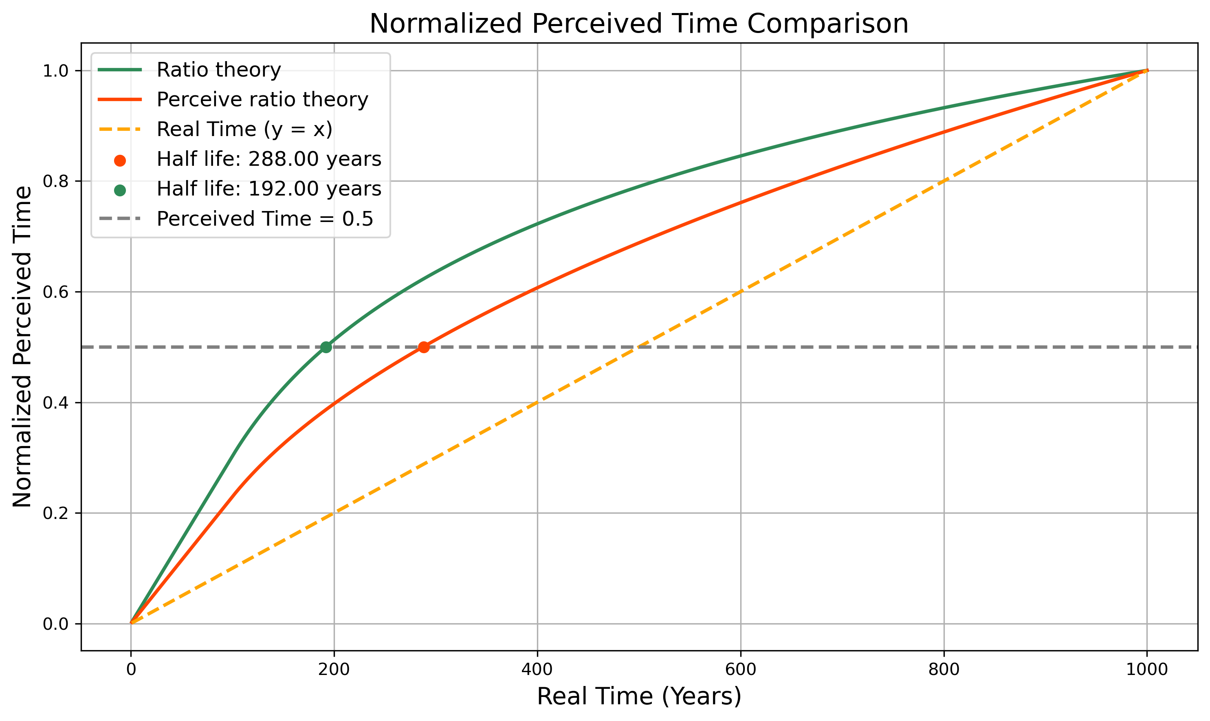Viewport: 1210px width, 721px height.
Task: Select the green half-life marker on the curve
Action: click(x=326, y=347)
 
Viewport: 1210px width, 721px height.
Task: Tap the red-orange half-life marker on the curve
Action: click(x=424, y=347)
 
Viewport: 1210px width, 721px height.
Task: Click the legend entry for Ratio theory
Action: click(x=219, y=70)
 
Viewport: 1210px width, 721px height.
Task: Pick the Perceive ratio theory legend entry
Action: click(x=262, y=100)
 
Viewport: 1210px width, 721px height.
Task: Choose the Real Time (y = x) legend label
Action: click(x=244, y=129)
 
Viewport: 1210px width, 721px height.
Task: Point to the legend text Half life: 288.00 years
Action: click(x=269, y=159)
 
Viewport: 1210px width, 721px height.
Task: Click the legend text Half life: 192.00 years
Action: click(x=269, y=189)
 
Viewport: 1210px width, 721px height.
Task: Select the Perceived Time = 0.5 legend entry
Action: click(x=265, y=219)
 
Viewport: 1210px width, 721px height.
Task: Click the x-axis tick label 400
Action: click(x=537, y=670)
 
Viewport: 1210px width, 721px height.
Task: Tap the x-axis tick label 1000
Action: click(x=1147, y=670)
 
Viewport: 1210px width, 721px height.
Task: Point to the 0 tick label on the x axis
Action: click(x=131, y=670)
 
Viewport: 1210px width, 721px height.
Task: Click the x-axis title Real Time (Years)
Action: click(x=638, y=697)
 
